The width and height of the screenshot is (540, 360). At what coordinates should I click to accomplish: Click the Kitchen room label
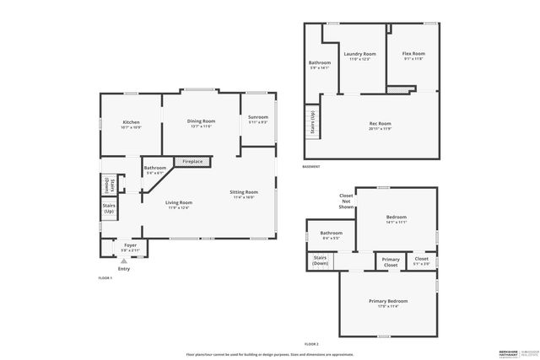(131, 124)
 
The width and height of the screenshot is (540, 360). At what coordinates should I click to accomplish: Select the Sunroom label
(258, 119)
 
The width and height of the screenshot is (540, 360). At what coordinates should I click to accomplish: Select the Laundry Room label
(359, 56)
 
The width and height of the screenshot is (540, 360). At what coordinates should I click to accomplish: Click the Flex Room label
(413, 56)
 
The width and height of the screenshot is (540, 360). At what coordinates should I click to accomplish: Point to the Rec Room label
(380, 126)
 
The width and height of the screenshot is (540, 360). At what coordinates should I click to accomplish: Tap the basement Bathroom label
(320, 64)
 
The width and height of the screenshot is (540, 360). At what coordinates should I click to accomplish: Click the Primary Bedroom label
(388, 303)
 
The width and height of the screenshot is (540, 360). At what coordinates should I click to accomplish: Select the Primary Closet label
(391, 261)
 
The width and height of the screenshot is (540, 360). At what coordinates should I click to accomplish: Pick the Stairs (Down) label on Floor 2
(321, 260)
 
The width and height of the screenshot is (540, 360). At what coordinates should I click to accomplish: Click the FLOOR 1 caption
(105, 277)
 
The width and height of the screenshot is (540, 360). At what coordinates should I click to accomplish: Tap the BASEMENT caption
(310, 166)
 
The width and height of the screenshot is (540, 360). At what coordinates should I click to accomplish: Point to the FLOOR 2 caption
(311, 343)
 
